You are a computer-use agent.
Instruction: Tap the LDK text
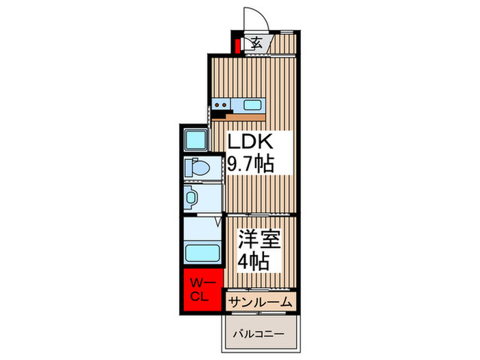coord(251,143)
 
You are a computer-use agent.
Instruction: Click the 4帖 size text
coord(253,261)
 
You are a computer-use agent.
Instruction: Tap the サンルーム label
coord(261,302)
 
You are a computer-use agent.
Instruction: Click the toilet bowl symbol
coord(197,167)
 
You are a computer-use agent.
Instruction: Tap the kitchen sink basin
coord(250,106)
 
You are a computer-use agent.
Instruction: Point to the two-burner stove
coord(221,106)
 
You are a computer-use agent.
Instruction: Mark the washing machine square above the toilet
coord(196,139)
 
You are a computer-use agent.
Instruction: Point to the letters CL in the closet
coord(200,296)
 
